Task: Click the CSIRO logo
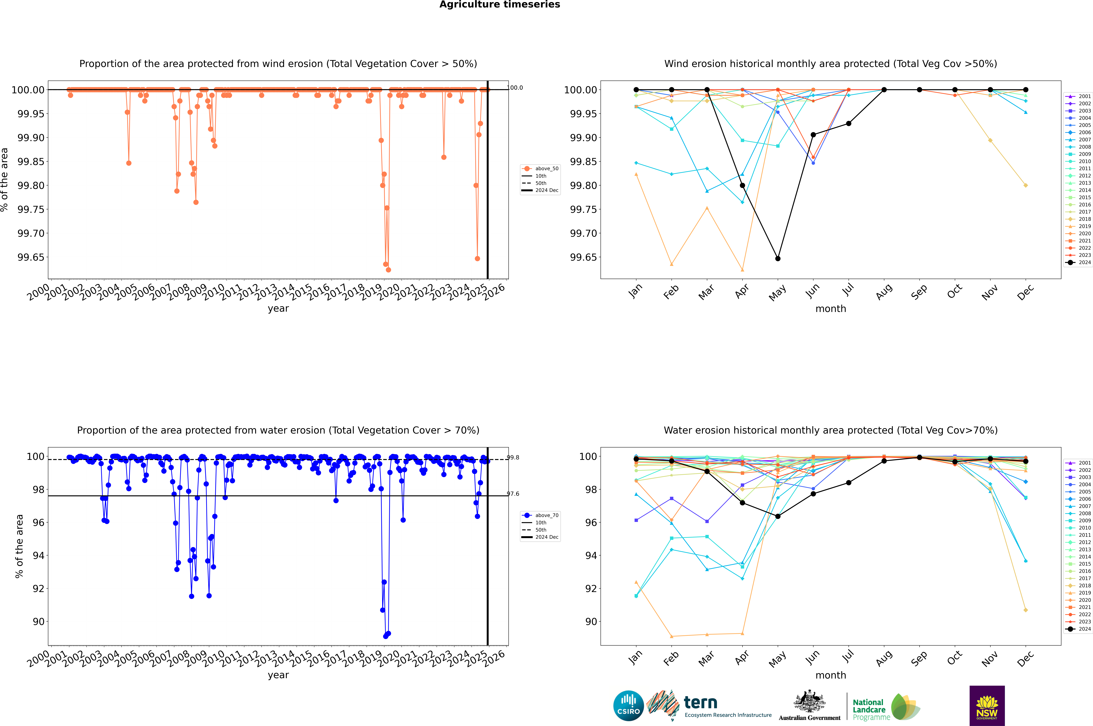click(628, 706)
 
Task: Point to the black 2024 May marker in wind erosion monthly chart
click(778, 258)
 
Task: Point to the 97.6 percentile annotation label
click(513, 494)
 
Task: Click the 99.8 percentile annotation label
click(513, 457)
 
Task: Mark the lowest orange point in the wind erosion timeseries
click(388, 269)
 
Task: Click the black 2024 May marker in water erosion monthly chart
click(778, 516)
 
